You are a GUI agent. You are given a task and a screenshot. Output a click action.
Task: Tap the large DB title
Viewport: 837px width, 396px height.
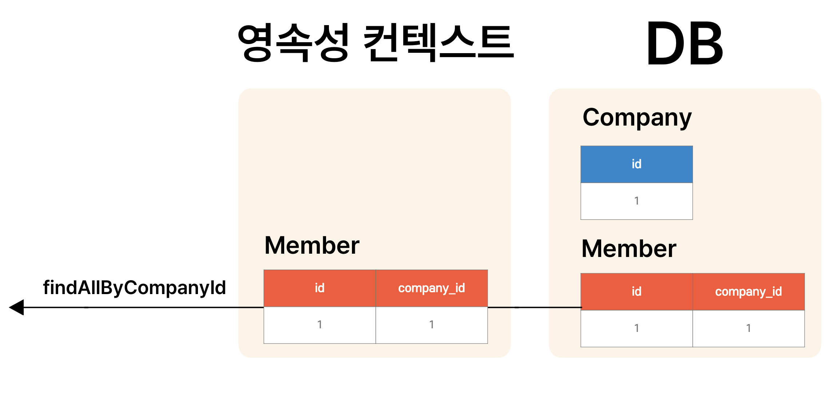pos(685,44)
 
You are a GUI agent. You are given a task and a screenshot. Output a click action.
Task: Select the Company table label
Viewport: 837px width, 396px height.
pos(637,118)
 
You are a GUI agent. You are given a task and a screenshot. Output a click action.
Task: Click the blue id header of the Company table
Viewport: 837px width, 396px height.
pos(636,164)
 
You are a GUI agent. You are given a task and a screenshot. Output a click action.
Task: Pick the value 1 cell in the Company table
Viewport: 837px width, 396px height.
pos(636,201)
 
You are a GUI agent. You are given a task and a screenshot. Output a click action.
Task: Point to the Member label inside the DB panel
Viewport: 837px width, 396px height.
pos(629,249)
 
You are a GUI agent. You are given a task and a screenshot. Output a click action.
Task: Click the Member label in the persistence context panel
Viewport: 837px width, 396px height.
pos(312,245)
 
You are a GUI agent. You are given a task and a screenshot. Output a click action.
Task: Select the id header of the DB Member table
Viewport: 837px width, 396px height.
pos(636,292)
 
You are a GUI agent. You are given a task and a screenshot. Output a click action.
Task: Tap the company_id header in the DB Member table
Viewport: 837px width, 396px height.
pos(748,292)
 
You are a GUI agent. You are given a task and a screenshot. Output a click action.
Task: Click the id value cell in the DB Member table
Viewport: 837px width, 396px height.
pos(636,328)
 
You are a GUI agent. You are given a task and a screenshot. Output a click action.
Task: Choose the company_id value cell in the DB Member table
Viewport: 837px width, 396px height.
pos(748,328)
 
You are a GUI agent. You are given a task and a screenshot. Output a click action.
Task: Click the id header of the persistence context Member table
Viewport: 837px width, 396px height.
pos(320,288)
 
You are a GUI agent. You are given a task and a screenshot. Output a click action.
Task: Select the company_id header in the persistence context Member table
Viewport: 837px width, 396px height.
pos(432,288)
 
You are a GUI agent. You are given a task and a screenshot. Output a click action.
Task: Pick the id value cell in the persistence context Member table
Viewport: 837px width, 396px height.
pos(320,325)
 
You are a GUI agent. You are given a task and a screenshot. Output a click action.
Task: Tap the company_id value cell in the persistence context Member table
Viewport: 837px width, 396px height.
pos(432,325)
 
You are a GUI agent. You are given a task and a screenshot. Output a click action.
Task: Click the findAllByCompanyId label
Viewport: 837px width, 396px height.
pos(134,288)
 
